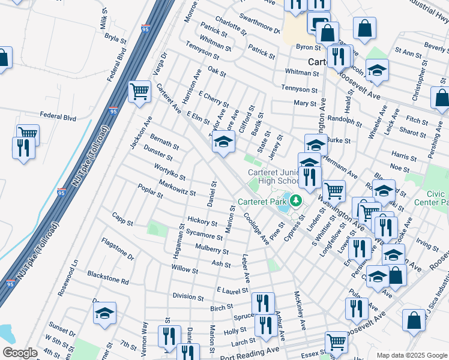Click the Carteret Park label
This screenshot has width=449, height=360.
(x=262, y=202)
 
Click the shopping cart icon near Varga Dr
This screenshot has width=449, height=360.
(x=139, y=92)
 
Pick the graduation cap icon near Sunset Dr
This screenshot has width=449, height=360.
(x=104, y=313)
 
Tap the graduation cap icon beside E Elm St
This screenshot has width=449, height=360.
(x=223, y=142)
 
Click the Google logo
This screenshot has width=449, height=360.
(x=20, y=353)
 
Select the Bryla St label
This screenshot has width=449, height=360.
(x=115, y=39)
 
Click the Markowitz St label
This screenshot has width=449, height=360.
(x=178, y=187)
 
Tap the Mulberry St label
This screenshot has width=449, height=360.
(x=212, y=248)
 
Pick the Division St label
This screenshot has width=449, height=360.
(x=188, y=296)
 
